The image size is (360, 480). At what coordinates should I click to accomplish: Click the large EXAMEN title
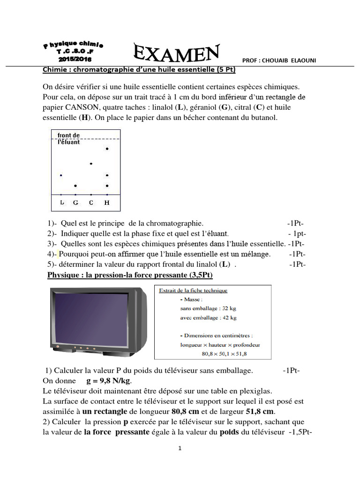(176, 52)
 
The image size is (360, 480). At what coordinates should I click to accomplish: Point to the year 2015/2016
(75, 60)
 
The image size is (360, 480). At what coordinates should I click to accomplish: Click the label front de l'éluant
(69, 139)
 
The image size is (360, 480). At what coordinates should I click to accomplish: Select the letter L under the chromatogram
(62, 202)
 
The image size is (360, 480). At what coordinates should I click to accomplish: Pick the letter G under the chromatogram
(75, 202)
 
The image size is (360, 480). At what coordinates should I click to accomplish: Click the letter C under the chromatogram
(91, 202)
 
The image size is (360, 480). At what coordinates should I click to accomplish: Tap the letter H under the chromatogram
(107, 202)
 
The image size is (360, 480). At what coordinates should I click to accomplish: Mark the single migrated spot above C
(91, 164)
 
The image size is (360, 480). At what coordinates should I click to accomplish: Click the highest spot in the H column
(107, 149)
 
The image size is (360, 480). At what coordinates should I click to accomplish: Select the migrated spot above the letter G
(75, 186)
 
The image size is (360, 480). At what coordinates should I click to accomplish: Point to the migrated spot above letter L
(61, 175)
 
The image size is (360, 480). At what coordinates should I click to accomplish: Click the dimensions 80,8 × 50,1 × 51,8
(224, 354)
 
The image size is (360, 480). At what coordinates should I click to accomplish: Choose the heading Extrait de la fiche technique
(193, 290)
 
